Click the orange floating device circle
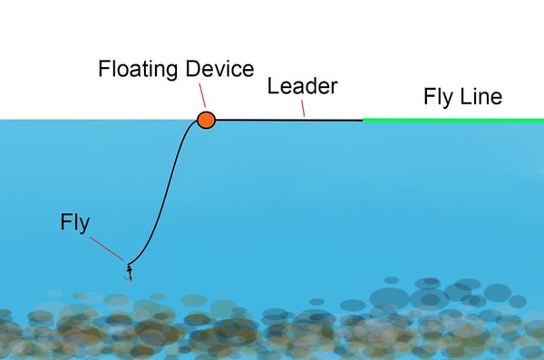point(206,119)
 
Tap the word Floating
point(137,69)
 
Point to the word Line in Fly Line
point(480,97)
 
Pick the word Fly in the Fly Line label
point(438,97)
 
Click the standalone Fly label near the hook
point(75,221)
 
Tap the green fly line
point(453,120)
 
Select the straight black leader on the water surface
point(290,120)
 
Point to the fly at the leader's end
point(129,270)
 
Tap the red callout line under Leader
point(302,109)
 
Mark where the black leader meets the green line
point(364,120)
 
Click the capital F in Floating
point(103,69)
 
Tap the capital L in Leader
point(271,86)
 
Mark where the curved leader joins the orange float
point(197,122)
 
